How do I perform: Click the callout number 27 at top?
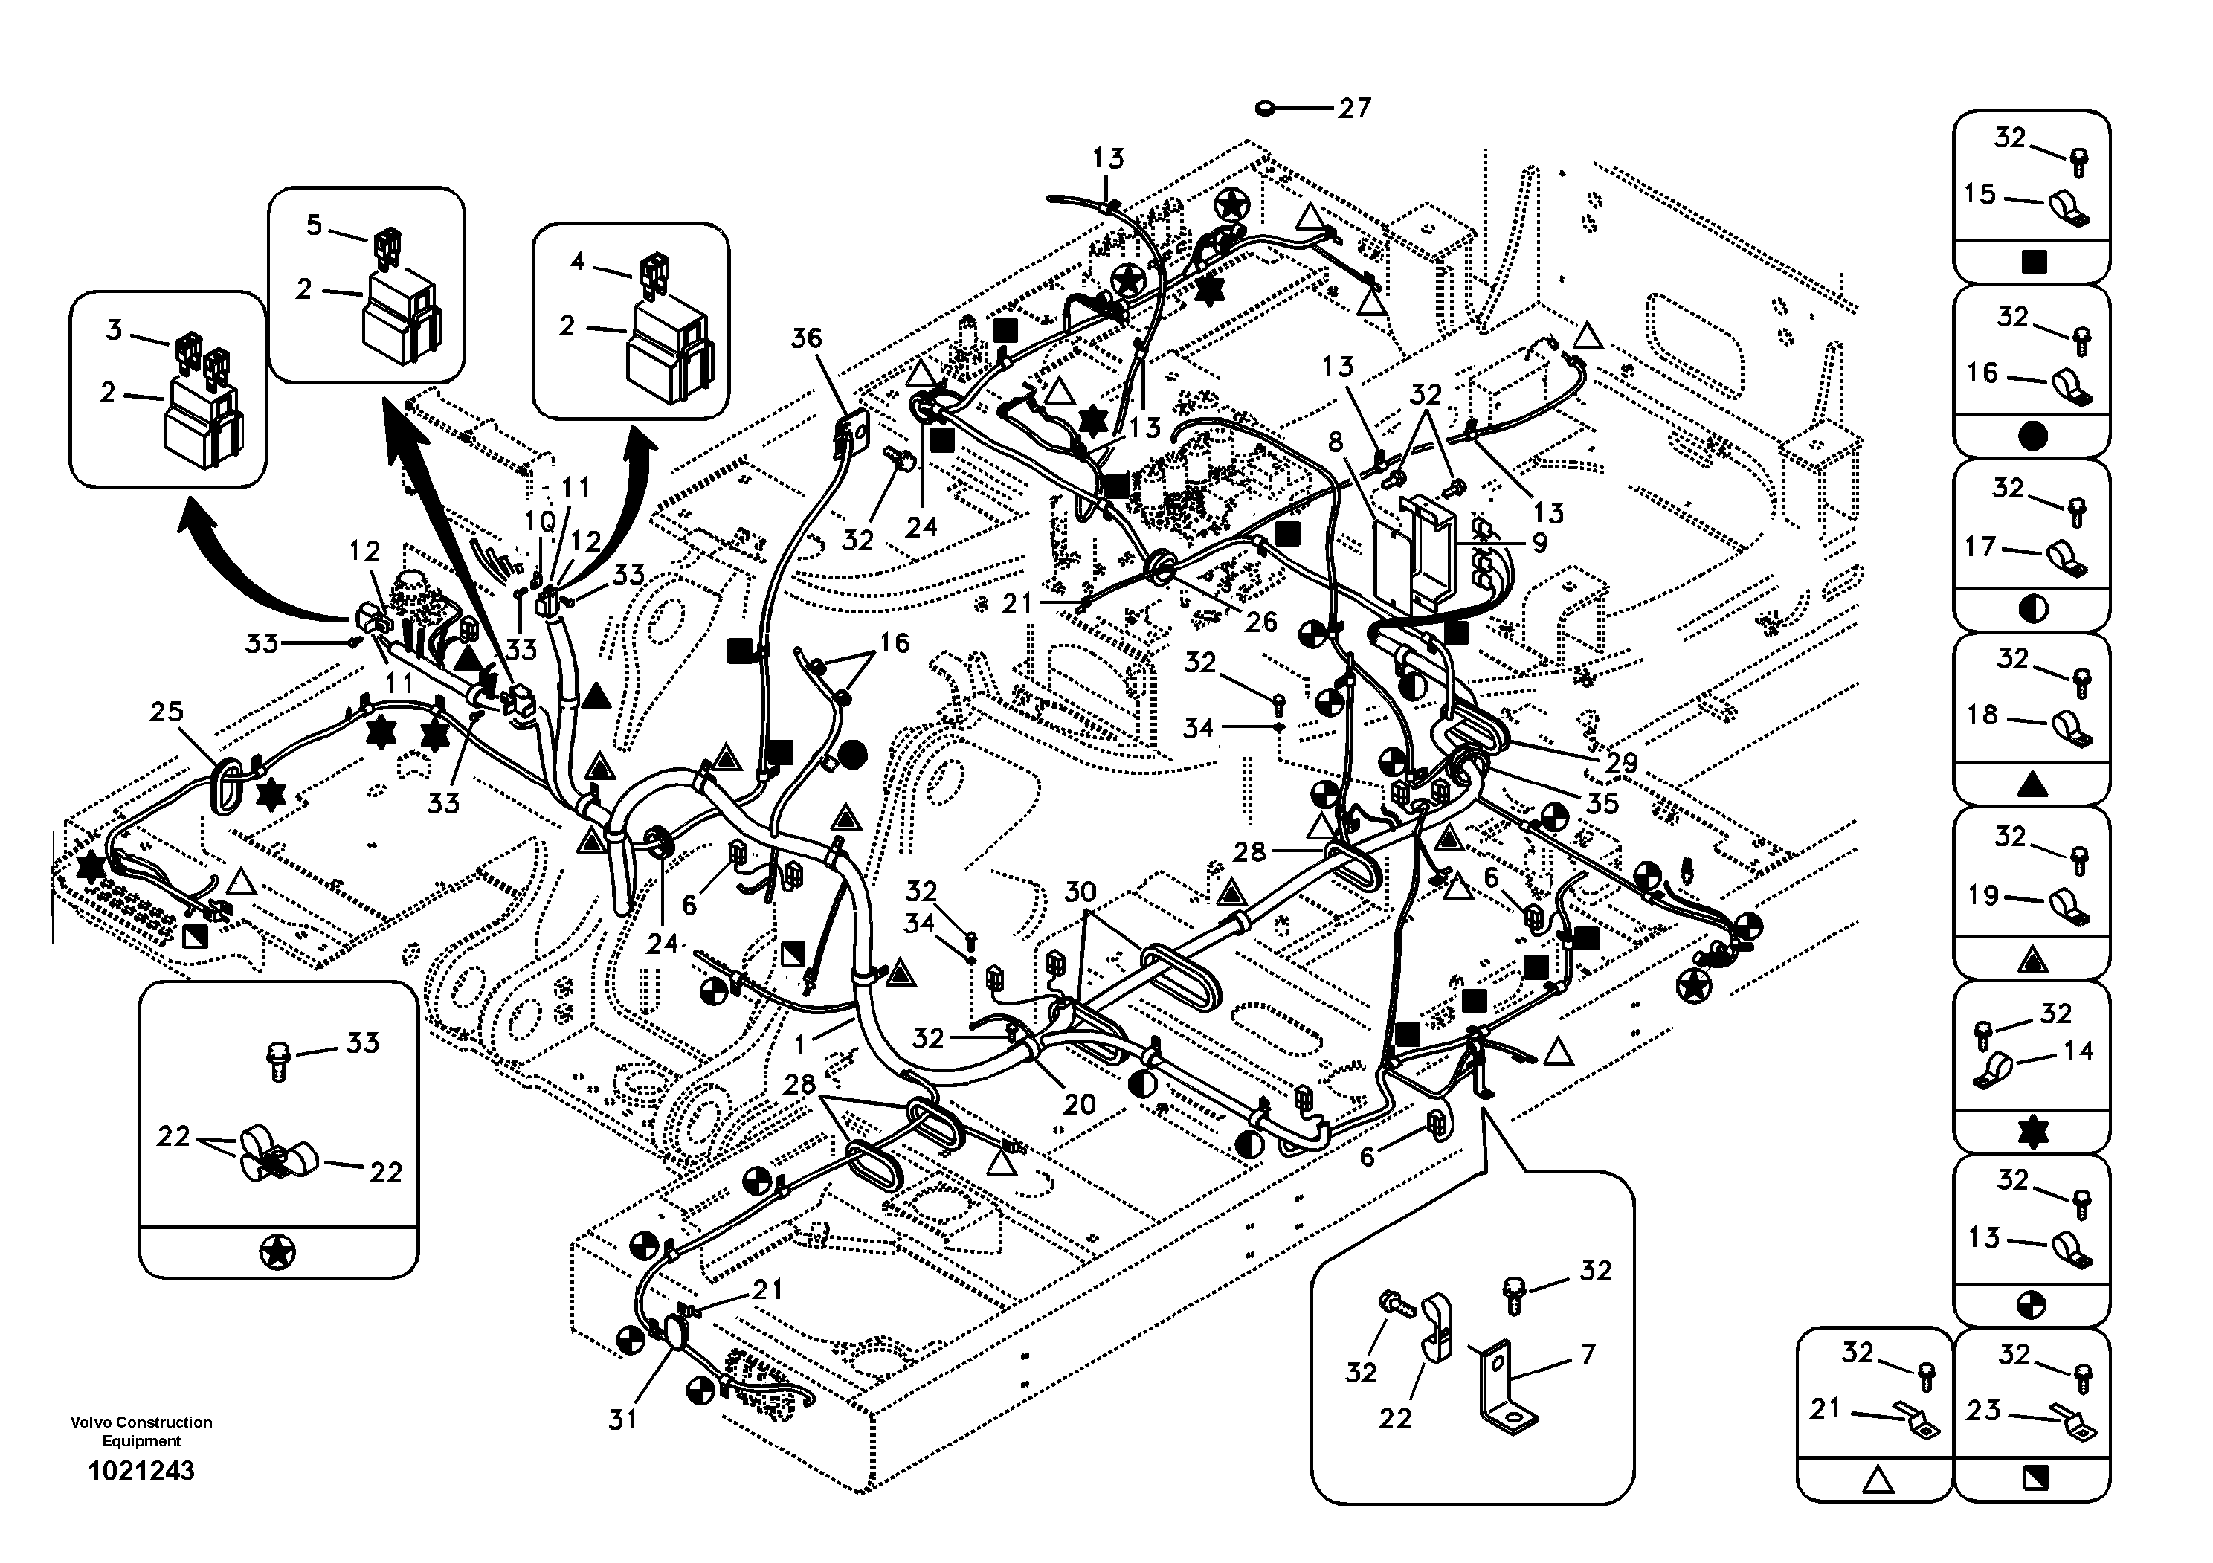click(x=1353, y=108)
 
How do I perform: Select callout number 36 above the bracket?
click(x=807, y=338)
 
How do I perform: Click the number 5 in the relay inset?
click(x=315, y=225)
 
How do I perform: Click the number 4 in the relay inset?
click(x=577, y=261)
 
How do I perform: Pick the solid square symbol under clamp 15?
click(x=2033, y=262)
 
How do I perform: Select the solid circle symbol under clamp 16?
click(x=2033, y=436)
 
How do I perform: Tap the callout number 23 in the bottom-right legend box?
click(x=1984, y=1411)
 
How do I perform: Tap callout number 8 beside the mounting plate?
click(x=1335, y=442)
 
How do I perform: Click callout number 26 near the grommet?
click(x=1260, y=622)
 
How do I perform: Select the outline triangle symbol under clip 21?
click(x=1875, y=1479)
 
